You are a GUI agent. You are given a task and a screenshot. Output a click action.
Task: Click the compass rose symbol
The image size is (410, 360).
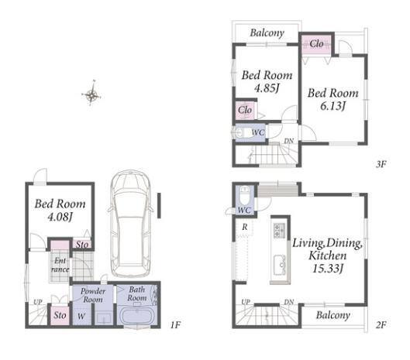(x=91, y=93)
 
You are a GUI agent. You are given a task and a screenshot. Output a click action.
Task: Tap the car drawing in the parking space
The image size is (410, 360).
(x=130, y=224)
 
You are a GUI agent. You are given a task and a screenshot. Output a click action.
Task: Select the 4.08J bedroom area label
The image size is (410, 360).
(x=60, y=217)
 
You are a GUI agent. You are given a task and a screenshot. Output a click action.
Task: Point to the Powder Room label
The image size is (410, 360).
(x=93, y=295)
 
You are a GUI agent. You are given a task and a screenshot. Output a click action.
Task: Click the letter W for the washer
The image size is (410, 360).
(x=81, y=317)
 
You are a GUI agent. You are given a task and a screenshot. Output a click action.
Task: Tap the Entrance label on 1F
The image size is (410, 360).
(x=60, y=265)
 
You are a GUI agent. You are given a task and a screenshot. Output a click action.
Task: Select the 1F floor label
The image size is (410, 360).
(x=175, y=324)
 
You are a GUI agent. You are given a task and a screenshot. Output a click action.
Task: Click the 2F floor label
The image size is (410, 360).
(x=381, y=324)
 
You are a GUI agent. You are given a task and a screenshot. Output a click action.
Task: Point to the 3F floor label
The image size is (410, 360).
(x=381, y=164)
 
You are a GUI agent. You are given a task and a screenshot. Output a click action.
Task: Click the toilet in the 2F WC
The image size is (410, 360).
(x=245, y=195)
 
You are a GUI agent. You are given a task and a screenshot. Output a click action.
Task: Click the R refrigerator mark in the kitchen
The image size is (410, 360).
(x=244, y=227)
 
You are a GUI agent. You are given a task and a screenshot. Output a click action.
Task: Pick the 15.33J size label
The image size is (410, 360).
(x=327, y=269)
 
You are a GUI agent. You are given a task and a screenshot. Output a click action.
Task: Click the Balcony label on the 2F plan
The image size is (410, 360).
(x=332, y=315)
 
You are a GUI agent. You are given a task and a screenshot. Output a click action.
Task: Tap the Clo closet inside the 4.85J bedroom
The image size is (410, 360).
(x=245, y=110)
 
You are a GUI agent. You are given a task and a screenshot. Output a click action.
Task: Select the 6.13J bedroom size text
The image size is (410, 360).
(x=332, y=106)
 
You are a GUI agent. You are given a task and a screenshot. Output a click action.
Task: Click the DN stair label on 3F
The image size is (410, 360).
(x=288, y=141)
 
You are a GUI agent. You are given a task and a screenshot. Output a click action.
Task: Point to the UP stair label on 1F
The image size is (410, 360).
(x=38, y=302)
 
